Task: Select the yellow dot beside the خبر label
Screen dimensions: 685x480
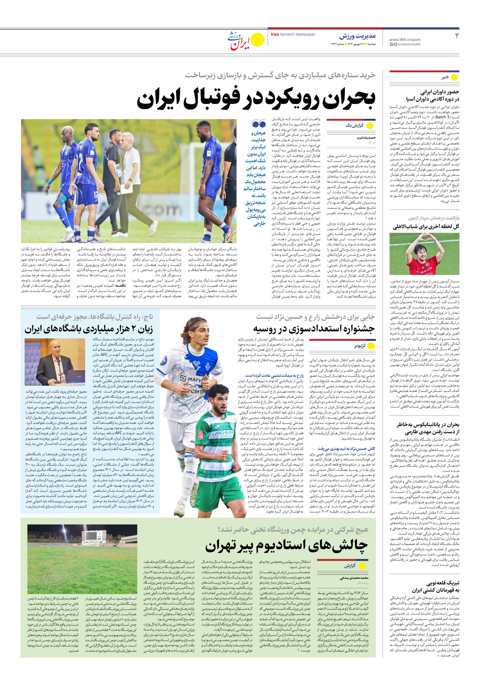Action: pos(455,77)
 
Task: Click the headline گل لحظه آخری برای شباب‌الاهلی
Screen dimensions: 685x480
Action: pos(426,226)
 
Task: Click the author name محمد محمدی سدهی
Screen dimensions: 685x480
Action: pos(354,578)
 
